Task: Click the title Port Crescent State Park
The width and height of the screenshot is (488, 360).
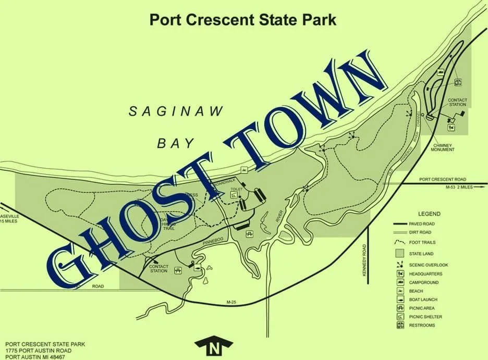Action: coord(242,20)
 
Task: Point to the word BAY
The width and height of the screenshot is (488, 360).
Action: coord(176,143)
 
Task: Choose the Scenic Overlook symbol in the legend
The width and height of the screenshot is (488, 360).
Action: coord(399,265)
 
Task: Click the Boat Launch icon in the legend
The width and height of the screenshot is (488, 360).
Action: coord(399,300)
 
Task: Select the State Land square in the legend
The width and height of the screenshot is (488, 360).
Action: coord(399,254)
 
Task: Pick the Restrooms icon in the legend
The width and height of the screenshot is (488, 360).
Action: coord(399,325)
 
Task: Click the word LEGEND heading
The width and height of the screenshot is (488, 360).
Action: coord(429,214)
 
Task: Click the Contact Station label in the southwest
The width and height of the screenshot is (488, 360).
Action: coord(158,269)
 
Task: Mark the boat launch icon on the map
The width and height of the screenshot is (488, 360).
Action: coord(197,267)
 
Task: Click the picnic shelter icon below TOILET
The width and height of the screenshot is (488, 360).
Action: coord(234,195)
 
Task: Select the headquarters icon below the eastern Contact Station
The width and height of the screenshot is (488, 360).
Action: coord(451,127)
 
